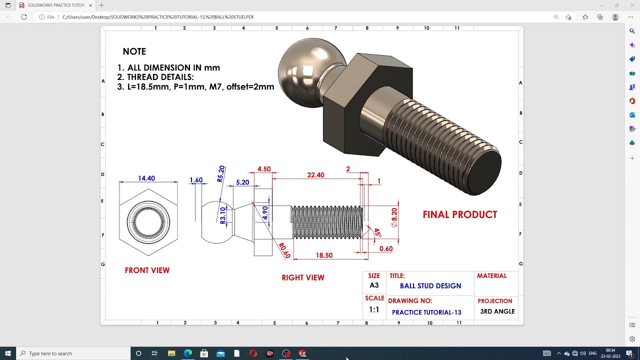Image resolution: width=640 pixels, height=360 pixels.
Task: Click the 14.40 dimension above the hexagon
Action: coord(146,178)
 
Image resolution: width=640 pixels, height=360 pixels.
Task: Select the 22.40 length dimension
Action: coord(315,175)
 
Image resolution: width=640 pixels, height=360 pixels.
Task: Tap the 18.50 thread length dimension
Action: coord(324,255)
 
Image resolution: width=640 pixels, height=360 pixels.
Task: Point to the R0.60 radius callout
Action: coord(284,250)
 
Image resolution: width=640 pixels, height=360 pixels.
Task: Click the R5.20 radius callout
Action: coord(221,173)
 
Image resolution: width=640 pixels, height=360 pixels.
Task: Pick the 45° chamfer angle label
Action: coord(377,233)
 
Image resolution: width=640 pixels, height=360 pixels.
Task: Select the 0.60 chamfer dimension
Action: coord(385,248)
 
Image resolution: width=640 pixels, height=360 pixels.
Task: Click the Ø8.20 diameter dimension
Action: coord(394,217)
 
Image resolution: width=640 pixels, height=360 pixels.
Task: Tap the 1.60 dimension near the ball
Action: coord(196,180)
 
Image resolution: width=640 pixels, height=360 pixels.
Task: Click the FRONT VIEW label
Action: coord(147,270)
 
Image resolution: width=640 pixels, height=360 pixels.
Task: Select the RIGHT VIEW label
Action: coord(303,277)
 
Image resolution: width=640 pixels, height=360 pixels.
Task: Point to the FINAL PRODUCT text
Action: coord(459,214)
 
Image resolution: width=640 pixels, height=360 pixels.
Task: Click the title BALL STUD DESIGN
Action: coord(430,286)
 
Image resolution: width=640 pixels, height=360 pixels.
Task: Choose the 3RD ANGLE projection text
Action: coord(497,311)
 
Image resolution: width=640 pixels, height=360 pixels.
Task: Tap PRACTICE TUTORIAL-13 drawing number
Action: coord(426,312)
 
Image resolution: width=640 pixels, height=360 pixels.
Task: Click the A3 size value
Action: coord(374,285)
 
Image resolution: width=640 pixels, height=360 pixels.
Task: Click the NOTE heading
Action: coord(134,51)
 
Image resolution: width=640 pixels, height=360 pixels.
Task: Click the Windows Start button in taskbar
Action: coord(8,353)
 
